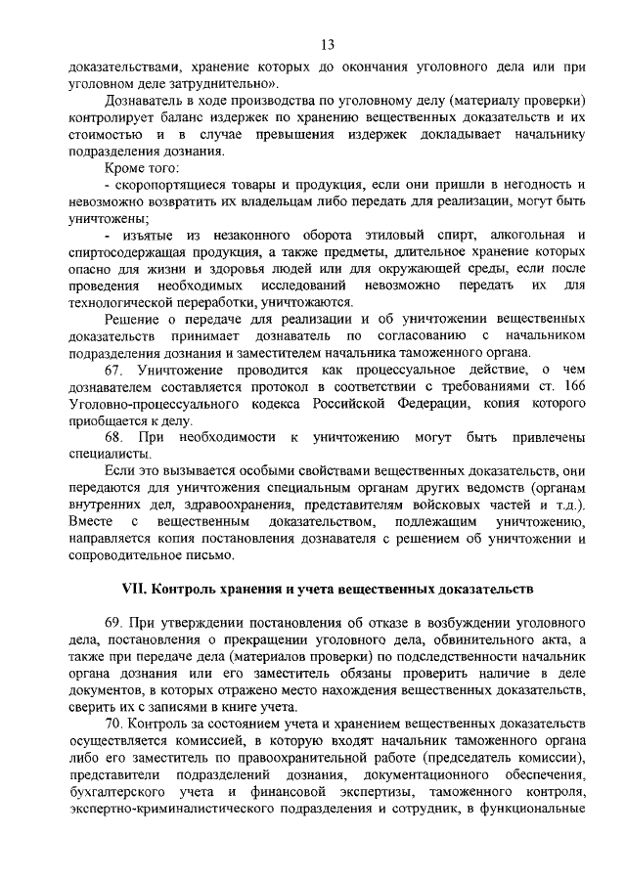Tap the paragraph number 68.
(115, 435)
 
